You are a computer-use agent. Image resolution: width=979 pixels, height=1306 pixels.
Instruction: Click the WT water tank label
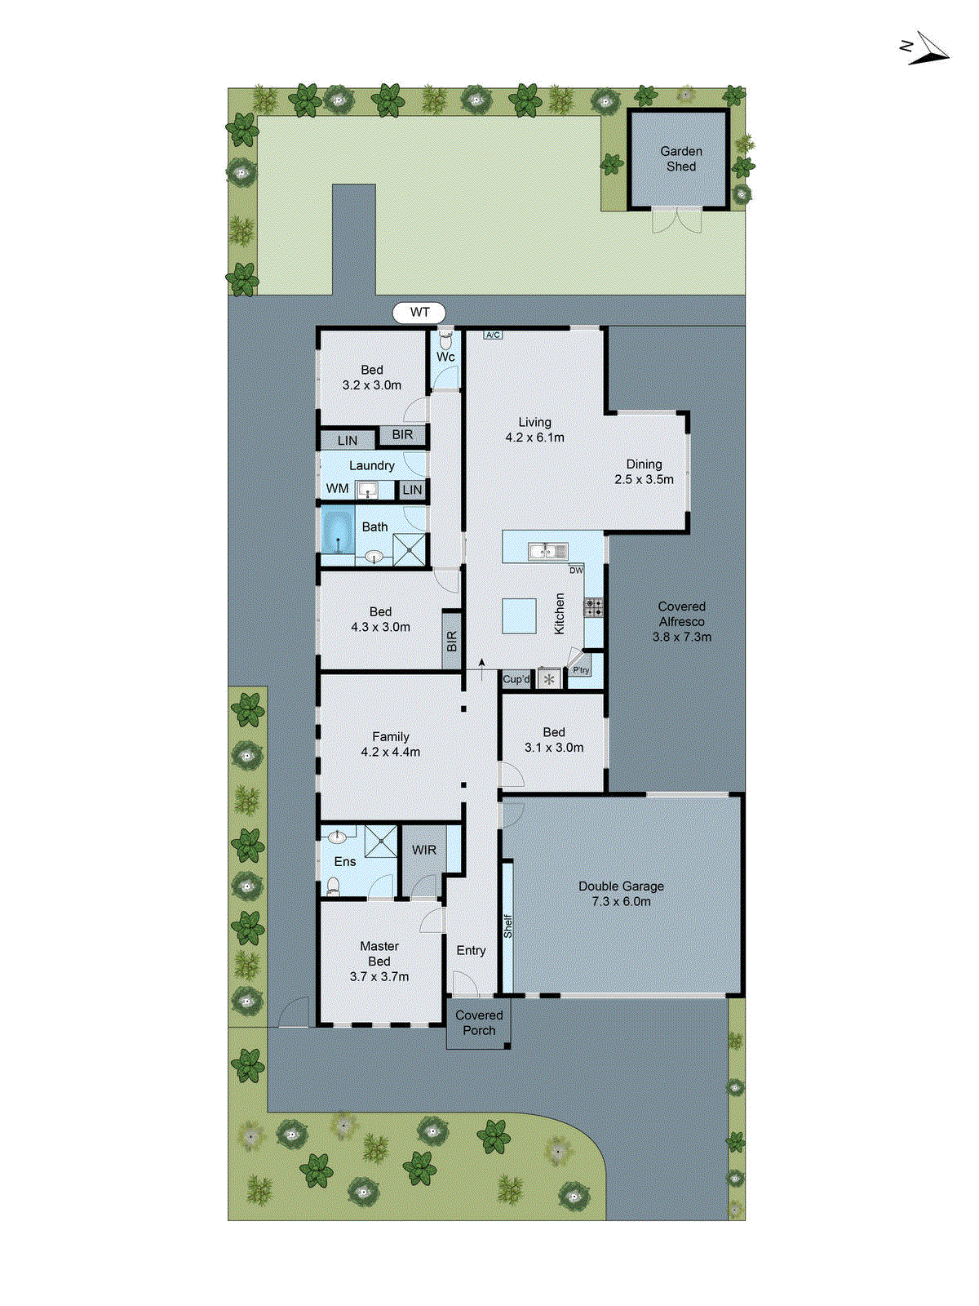(x=419, y=313)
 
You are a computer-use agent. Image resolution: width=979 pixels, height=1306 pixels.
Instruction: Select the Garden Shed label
(x=681, y=158)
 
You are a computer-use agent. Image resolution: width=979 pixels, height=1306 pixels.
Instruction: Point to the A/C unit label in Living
(x=493, y=335)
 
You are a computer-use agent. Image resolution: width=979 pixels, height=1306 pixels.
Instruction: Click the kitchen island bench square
(x=519, y=616)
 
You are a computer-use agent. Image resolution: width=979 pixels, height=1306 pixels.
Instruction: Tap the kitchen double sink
(x=548, y=552)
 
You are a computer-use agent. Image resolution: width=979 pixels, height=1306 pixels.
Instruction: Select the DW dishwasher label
(x=576, y=570)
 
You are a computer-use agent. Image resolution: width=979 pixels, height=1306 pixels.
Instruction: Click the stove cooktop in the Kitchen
(x=594, y=607)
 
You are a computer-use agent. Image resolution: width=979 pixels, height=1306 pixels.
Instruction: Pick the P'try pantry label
(x=581, y=670)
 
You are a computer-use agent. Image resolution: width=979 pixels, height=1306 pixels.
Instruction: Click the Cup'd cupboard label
(x=516, y=679)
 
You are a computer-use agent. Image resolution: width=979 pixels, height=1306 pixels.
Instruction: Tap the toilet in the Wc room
(x=445, y=336)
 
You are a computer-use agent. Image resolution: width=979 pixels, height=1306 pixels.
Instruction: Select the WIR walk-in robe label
(x=423, y=850)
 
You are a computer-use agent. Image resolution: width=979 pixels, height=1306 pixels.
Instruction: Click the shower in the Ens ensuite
(x=380, y=842)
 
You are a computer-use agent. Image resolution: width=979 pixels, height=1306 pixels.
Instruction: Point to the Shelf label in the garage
(x=507, y=926)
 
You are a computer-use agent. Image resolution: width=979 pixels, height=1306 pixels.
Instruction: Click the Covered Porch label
(x=479, y=1023)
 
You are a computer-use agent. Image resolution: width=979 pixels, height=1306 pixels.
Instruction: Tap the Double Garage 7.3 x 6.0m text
(x=621, y=894)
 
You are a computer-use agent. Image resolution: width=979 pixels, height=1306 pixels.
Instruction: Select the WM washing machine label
(x=337, y=489)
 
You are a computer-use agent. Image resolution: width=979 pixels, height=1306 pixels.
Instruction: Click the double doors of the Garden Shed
(x=677, y=220)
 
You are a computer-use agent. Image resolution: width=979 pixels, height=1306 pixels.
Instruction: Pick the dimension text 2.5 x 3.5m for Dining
(x=644, y=480)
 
